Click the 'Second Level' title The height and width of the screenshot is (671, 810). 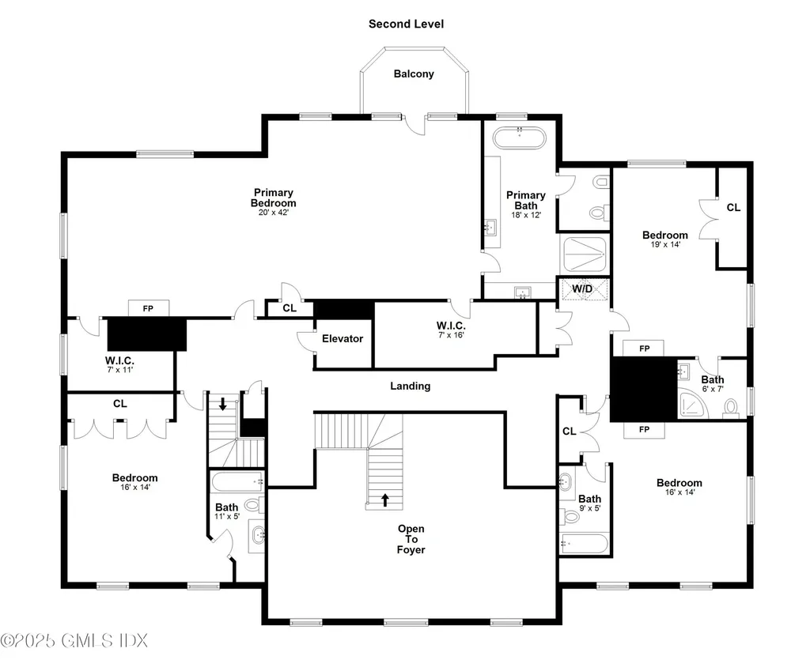[406, 24]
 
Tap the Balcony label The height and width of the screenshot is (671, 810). [414, 74]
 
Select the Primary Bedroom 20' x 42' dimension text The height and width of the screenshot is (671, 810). [273, 213]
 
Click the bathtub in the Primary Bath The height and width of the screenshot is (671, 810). [520, 139]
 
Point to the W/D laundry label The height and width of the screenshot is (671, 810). [583, 289]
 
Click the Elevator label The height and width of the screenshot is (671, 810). [343, 338]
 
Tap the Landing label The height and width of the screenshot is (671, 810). [410, 386]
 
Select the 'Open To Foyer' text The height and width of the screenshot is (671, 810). [411, 539]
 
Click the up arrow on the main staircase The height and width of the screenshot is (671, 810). [386, 499]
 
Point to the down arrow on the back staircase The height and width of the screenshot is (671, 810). [223, 404]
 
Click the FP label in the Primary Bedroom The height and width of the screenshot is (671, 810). [147, 308]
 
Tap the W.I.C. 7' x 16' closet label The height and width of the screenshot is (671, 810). [451, 330]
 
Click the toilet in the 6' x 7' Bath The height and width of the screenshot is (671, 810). [731, 407]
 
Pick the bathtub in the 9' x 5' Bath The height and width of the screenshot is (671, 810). [584, 544]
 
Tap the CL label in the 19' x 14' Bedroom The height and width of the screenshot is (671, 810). [733, 207]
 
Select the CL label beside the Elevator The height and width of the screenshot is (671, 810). [290, 307]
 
